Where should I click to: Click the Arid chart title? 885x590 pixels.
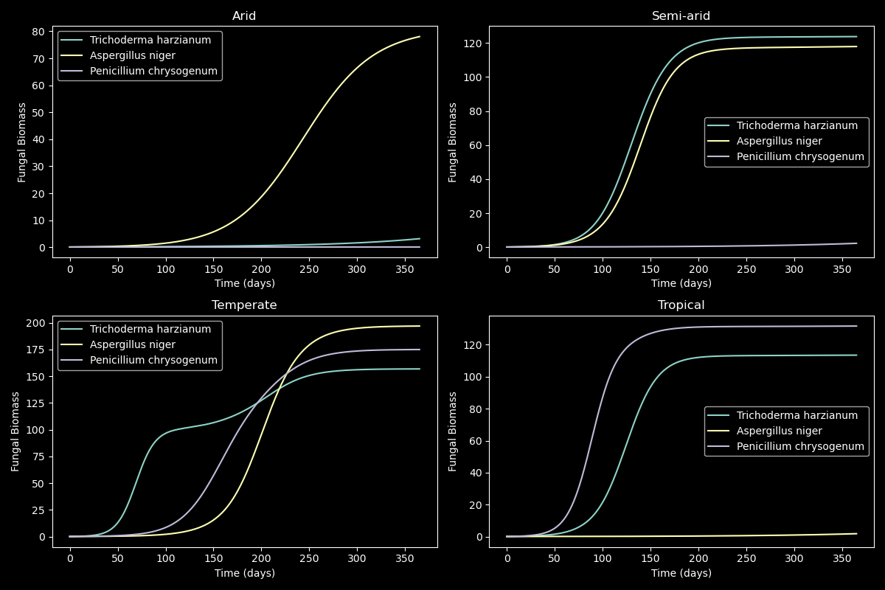click(x=244, y=15)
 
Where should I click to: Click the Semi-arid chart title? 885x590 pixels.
click(x=681, y=15)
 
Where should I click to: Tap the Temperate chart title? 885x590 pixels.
click(x=244, y=305)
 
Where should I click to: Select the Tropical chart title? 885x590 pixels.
click(x=681, y=305)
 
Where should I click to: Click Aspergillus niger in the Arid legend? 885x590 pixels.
click(x=132, y=55)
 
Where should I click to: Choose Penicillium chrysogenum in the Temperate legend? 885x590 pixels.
click(x=153, y=360)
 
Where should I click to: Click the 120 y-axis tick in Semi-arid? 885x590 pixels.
click(x=474, y=44)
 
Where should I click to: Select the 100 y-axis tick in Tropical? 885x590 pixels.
click(x=474, y=377)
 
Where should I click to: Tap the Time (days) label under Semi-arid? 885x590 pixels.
click(x=681, y=283)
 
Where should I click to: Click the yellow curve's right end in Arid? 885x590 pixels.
click(x=420, y=37)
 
